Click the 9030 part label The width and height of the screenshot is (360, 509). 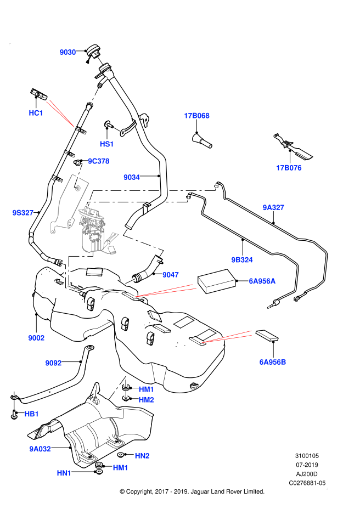[67, 52]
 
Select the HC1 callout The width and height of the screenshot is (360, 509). [36, 113]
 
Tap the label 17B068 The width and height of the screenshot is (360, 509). [196, 116]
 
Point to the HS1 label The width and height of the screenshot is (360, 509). [106, 144]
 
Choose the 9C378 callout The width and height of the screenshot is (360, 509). [99, 161]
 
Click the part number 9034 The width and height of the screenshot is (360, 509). [132, 177]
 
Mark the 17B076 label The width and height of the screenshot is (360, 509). [289, 168]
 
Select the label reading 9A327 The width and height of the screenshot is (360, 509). [273, 207]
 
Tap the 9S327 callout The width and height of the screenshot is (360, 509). [23, 213]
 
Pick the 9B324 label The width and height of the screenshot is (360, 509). [242, 260]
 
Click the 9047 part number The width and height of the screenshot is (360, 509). [171, 275]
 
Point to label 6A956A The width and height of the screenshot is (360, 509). [262, 281]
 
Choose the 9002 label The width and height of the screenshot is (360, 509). [36, 338]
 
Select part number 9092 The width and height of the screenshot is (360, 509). [53, 363]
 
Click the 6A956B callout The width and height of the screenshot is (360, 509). [273, 362]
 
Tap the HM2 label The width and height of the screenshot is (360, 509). [146, 400]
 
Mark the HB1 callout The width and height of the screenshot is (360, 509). [32, 414]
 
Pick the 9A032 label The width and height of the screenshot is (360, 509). [40, 449]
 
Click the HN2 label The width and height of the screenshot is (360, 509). [142, 456]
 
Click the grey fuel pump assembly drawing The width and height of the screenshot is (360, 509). [94, 230]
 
